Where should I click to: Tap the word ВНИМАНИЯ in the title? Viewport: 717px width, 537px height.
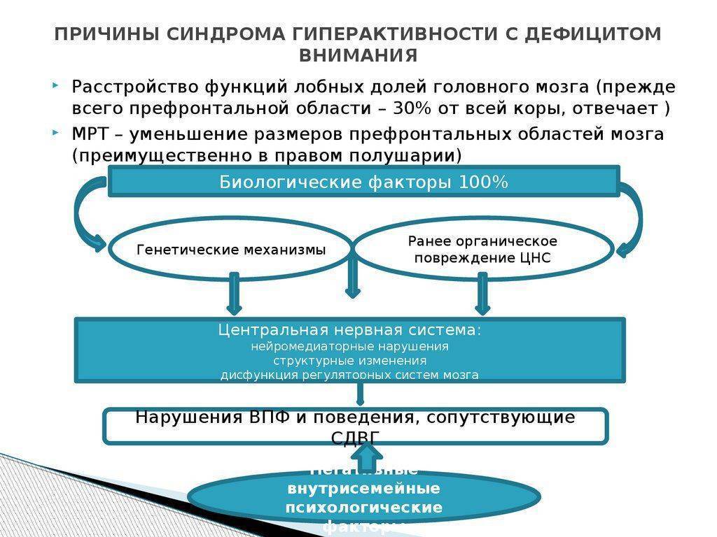coord(358,55)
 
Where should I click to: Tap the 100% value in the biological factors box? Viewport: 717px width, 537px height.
coord(484,182)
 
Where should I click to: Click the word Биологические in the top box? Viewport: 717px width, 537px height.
coord(290,182)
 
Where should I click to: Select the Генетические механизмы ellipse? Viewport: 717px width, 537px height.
coord(231,250)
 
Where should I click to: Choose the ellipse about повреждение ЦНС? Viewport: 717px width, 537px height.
coord(483,250)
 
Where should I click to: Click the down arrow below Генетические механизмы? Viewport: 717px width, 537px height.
coord(234,294)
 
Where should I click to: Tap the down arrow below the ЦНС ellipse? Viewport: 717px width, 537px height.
coord(482,294)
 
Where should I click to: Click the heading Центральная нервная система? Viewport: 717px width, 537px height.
coord(349,330)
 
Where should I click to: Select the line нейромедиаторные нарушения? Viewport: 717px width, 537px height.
coord(349,346)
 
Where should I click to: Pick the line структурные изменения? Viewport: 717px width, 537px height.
coord(349,361)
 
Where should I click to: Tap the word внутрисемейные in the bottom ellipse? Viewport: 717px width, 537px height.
coord(363,488)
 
